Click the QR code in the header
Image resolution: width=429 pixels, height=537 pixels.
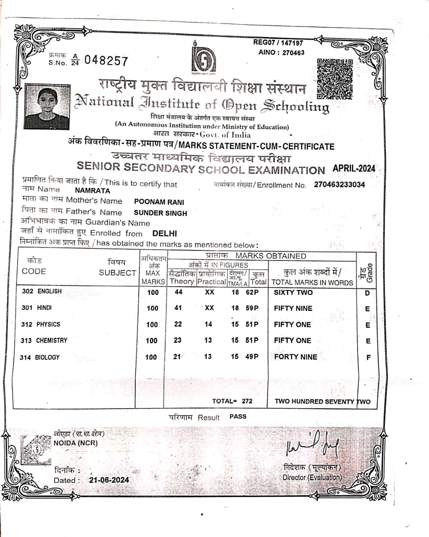[x=334, y=78]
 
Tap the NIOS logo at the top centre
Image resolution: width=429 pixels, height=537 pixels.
[x=204, y=58]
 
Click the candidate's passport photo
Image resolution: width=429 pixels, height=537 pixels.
[x=47, y=107]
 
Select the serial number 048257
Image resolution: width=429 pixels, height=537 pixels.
[x=106, y=61]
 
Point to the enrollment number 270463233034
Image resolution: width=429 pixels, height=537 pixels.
[x=340, y=185]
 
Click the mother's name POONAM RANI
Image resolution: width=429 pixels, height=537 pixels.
[x=159, y=202]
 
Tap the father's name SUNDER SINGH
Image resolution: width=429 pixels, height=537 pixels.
[x=160, y=213]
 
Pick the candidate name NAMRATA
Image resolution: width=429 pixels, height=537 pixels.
[x=92, y=190]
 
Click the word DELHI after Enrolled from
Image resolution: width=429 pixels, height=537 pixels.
[x=165, y=234]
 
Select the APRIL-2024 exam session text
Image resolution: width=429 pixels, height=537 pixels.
[x=354, y=169]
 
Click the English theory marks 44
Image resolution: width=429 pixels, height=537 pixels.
[x=179, y=292]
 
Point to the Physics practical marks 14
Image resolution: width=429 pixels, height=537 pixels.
[x=208, y=324]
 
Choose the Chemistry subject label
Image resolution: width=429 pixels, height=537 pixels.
[x=51, y=341]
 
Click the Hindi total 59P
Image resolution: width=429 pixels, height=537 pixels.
[x=252, y=308]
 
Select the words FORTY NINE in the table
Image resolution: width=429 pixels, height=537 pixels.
[x=295, y=357]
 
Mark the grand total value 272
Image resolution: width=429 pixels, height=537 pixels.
[x=247, y=401]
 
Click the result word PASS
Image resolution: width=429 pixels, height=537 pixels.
[x=238, y=417]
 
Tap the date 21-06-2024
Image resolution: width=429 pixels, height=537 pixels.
[x=109, y=480]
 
